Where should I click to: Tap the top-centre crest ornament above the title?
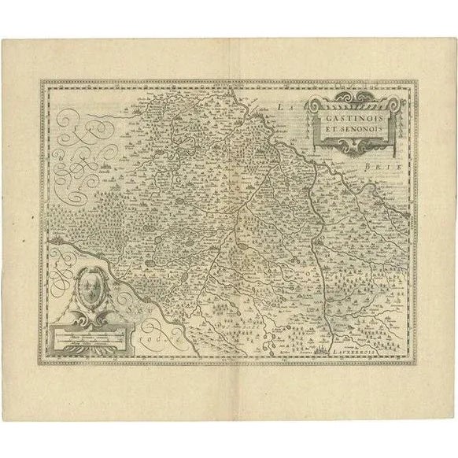point(353,96)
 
